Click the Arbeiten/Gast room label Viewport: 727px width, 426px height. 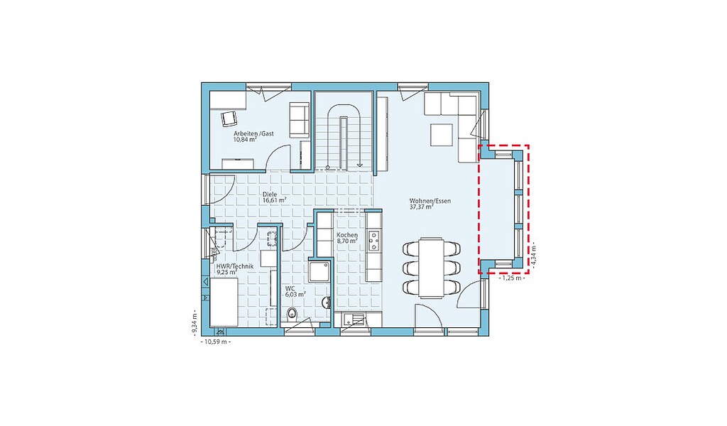pos(253,136)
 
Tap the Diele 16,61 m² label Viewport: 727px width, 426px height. pos(274,197)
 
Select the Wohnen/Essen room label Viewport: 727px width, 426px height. pos(430,204)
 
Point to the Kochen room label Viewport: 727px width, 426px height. pos(347,238)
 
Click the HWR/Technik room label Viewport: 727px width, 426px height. pos(234,269)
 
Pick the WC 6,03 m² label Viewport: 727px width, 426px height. pos(295,291)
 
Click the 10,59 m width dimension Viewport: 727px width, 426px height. pos(215,342)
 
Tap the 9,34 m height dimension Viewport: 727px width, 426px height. pos(195,321)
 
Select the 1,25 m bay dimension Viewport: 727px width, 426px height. pos(512,278)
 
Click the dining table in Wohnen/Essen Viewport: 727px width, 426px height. pos(431,267)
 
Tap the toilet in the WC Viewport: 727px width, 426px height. pos(292,314)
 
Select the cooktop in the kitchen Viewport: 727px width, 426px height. pos(373,240)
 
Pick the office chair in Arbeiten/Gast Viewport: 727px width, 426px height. pos(229,119)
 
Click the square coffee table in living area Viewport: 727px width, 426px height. pos(442,135)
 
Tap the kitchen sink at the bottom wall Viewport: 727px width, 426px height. pos(356,319)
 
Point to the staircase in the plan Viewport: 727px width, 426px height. pos(344,131)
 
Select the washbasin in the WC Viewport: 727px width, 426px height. pos(327,302)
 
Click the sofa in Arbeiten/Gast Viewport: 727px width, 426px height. pos(299,119)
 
